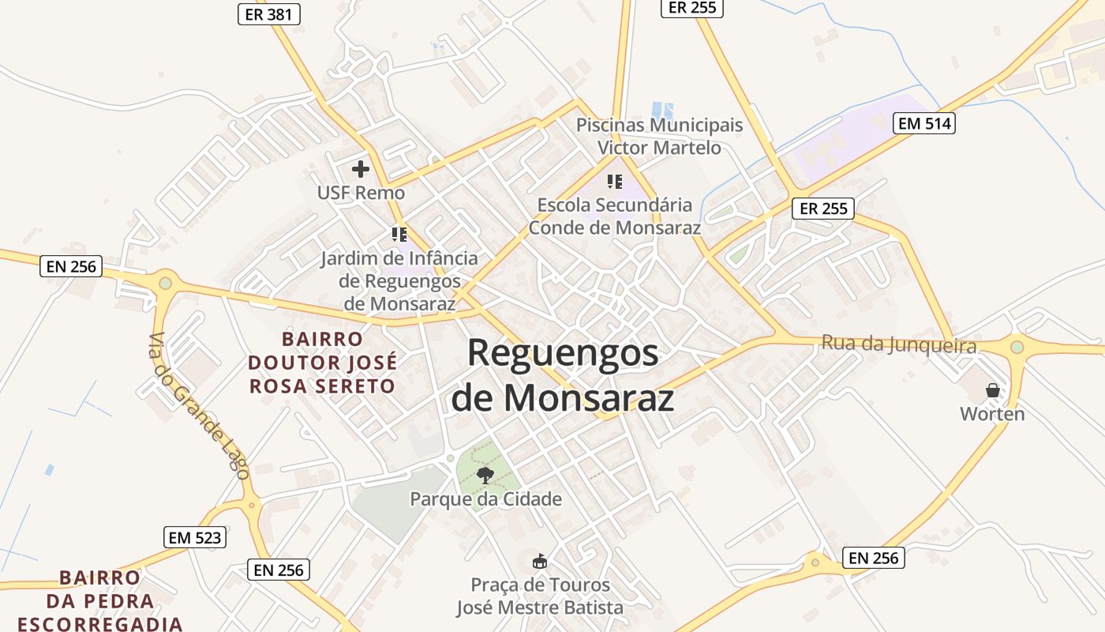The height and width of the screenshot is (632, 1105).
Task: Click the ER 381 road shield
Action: pyautogui.click(x=269, y=13)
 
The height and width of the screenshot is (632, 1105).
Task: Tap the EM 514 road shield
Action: pyautogui.click(x=924, y=123)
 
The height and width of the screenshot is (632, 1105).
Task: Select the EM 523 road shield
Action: pyautogui.click(x=196, y=538)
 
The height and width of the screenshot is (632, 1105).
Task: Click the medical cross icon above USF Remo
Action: pyautogui.click(x=361, y=168)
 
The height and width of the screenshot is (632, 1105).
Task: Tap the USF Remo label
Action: pyautogui.click(x=361, y=193)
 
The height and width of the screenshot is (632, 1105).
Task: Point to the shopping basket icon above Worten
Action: pyautogui.click(x=992, y=390)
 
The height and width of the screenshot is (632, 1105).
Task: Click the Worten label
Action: pyautogui.click(x=992, y=414)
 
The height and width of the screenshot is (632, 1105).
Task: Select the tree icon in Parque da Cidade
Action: pyautogui.click(x=485, y=475)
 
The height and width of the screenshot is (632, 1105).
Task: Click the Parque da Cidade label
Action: pyautogui.click(x=485, y=499)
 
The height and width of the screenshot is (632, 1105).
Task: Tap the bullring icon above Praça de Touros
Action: pyautogui.click(x=540, y=562)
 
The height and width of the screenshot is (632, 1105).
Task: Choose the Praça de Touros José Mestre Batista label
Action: pyautogui.click(x=540, y=596)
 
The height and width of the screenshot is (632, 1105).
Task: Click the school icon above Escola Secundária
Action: pyautogui.click(x=615, y=182)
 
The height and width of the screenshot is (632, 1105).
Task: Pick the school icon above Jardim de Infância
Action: pyautogui.click(x=399, y=235)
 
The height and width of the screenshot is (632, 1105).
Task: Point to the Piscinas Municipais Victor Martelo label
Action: pyautogui.click(x=659, y=137)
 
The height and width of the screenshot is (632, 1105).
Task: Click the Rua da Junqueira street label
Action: pyautogui.click(x=899, y=344)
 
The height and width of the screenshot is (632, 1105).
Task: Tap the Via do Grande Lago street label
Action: pyautogui.click(x=200, y=407)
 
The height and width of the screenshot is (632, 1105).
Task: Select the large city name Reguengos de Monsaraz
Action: pyautogui.click(x=563, y=374)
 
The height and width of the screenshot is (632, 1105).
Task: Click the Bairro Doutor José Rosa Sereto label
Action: pyautogui.click(x=322, y=363)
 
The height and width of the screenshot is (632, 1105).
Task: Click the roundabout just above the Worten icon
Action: pyautogui.click(x=1017, y=347)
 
